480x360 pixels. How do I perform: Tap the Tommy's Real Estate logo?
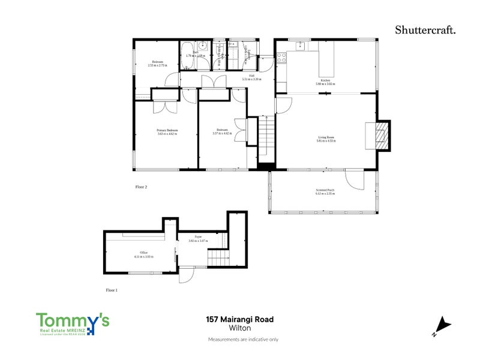click(x=73, y=324)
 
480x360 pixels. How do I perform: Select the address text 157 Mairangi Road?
click(x=240, y=320)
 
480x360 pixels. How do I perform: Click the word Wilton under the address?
click(x=240, y=328)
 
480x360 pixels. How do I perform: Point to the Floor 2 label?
click(x=141, y=187)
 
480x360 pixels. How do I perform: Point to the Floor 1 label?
click(x=112, y=290)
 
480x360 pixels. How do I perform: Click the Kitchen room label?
click(x=325, y=80)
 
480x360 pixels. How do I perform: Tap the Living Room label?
click(x=326, y=137)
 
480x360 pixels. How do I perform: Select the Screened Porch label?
click(x=325, y=190)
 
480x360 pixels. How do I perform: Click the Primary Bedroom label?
click(x=167, y=130)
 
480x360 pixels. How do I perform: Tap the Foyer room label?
click(x=197, y=238)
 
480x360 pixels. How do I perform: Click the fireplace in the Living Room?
click(x=377, y=135)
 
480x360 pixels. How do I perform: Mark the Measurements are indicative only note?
click(x=242, y=340)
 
